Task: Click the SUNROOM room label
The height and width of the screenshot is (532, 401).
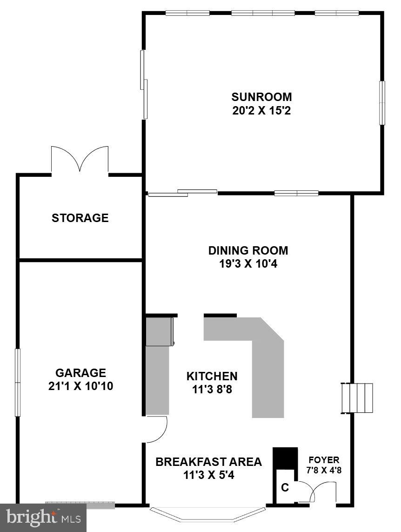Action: coord(261,97)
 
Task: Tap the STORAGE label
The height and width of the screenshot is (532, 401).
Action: coord(80,218)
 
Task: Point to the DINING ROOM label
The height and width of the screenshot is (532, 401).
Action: coord(248,250)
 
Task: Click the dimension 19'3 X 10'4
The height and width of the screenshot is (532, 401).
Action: coord(248,264)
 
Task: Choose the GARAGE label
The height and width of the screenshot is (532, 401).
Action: coord(80,373)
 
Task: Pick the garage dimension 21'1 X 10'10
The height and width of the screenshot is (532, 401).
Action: coord(80,386)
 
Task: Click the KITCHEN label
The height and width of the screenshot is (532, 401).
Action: coord(212,376)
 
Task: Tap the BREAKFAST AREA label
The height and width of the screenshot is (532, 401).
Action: coord(208,462)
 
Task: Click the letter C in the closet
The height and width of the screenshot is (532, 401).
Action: coord(285,488)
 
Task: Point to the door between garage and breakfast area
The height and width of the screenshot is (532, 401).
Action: coord(157,429)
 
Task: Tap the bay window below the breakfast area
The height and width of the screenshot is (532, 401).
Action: coord(208,514)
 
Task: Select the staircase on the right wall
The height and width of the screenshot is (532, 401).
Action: coord(358,398)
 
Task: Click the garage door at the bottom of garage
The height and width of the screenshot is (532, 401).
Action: coord(80,505)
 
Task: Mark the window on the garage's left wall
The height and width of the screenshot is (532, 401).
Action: coord(18,382)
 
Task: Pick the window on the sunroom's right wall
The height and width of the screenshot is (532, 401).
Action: coord(382,103)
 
